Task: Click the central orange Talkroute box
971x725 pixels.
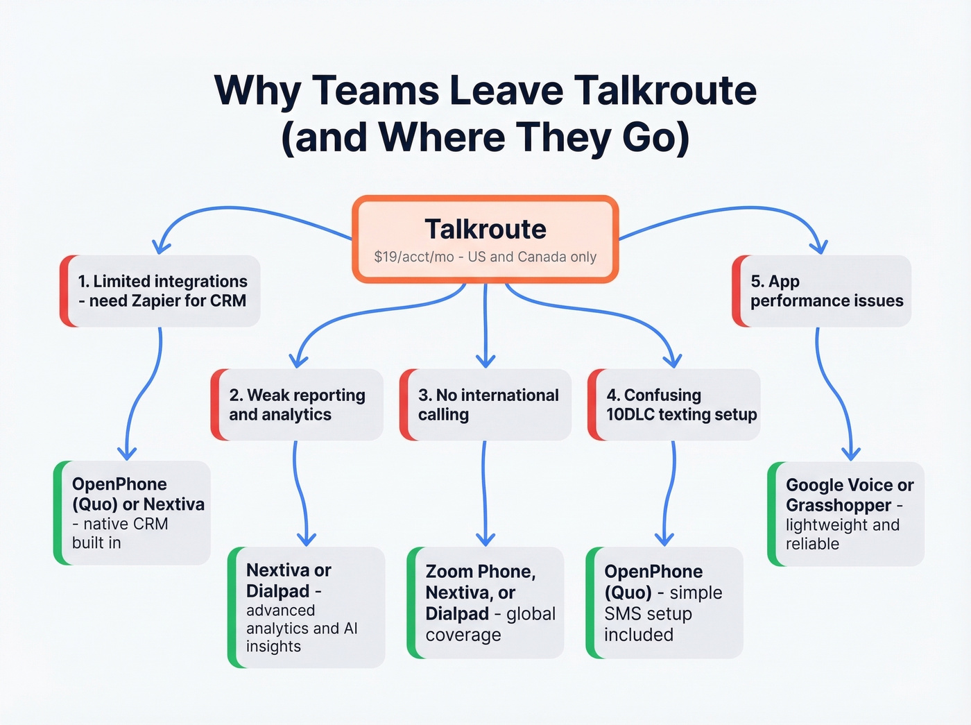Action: (x=485, y=239)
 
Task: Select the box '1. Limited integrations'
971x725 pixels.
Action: (x=161, y=291)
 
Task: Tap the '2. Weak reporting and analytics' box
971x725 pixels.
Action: (x=298, y=404)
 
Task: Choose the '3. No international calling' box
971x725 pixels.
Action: (x=487, y=404)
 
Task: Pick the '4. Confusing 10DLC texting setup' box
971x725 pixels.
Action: (x=675, y=404)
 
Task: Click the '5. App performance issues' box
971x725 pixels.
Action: (x=823, y=291)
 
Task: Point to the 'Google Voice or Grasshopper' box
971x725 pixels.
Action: (x=847, y=513)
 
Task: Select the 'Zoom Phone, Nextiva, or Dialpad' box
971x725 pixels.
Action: (x=486, y=602)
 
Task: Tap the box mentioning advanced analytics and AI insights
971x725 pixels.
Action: (x=307, y=607)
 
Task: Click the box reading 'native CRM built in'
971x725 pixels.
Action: (x=132, y=513)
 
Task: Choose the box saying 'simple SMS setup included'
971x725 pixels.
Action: (x=665, y=602)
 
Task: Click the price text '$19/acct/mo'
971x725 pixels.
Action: (x=413, y=257)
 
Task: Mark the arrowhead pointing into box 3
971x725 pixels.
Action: (x=486, y=361)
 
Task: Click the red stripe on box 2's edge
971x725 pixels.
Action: (x=216, y=404)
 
